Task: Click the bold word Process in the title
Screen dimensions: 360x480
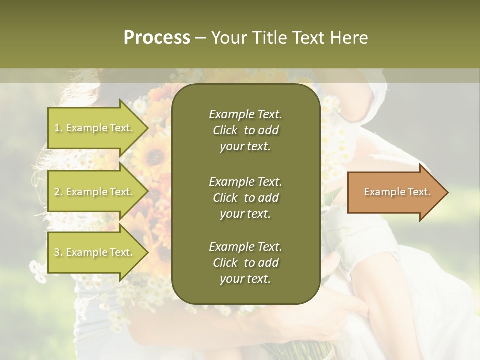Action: coord(157,38)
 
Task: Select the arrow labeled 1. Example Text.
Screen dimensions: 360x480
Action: coord(95,128)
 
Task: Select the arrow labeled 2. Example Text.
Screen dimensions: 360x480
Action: coord(95,192)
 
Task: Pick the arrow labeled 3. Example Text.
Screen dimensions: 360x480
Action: coord(95,252)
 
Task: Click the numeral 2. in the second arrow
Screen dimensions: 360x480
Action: coord(58,192)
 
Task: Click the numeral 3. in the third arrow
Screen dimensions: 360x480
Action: coord(58,252)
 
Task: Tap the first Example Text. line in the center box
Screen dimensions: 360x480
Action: coord(245,114)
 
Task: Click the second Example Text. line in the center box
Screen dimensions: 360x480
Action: coord(245,181)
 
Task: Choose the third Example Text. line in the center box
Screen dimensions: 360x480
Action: coord(245,247)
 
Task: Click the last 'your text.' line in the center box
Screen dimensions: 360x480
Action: coord(245,279)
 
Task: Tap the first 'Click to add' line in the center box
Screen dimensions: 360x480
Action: coord(245,130)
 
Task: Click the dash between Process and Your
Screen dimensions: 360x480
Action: coord(201,38)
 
